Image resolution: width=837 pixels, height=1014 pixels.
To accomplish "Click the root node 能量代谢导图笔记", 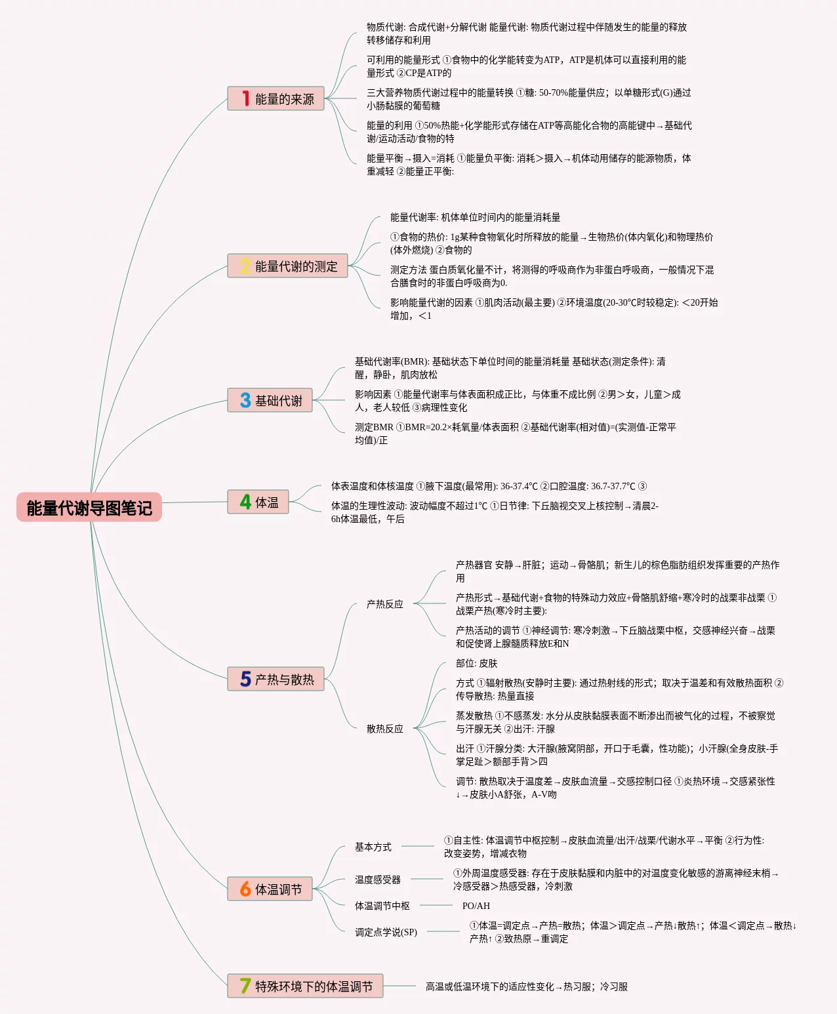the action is click(89, 508).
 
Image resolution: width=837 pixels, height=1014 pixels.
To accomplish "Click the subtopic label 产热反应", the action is click(385, 604).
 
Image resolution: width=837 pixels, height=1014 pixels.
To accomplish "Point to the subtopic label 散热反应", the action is click(385, 729).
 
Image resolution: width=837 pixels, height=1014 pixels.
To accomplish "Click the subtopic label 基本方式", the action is click(373, 847).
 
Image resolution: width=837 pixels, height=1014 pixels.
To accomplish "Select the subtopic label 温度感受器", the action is click(378, 880).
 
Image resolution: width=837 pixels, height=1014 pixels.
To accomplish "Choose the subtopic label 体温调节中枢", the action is click(382, 906).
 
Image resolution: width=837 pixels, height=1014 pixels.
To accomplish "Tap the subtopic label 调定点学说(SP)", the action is click(386, 932).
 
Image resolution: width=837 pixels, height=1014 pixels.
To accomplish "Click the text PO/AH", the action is click(476, 906).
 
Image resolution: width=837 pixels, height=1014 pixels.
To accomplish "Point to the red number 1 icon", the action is click(245, 99).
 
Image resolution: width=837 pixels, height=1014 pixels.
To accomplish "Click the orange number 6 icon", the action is click(245, 889).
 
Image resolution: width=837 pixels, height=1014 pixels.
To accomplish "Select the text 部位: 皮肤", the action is click(477, 663).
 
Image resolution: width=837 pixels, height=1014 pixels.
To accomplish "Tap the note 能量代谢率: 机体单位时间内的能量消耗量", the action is click(476, 217).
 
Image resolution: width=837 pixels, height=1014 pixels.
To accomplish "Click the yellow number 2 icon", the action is click(245, 266).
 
